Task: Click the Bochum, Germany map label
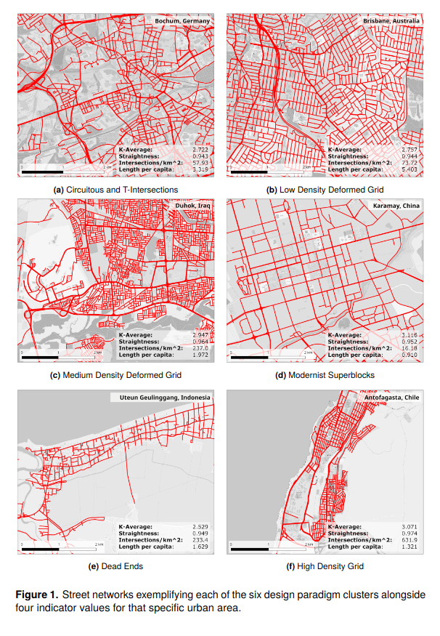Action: [x=182, y=22]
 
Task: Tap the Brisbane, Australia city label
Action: [x=391, y=22]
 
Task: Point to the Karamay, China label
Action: [x=396, y=206]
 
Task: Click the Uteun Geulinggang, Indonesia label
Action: [x=161, y=398]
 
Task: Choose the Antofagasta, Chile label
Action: [x=392, y=398]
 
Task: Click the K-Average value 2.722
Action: [x=200, y=150]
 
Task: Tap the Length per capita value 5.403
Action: [x=410, y=169]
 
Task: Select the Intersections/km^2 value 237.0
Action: [x=200, y=348]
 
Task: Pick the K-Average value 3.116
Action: [x=410, y=335]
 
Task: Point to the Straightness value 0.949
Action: [x=200, y=533]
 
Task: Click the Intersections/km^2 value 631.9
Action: [x=410, y=539]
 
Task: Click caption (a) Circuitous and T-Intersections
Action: [x=116, y=190]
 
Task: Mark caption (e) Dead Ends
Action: [x=115, y=566]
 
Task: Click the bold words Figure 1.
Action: [x=38, y=595]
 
